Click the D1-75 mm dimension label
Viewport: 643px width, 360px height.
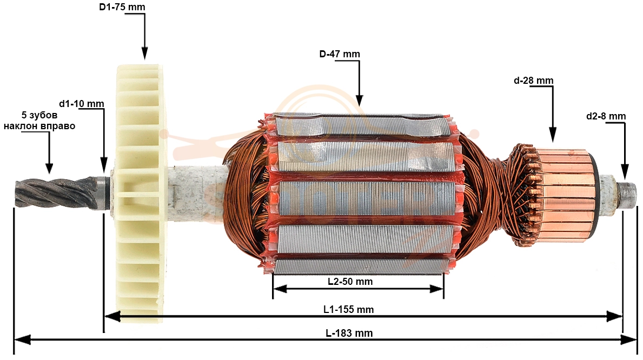tap(122, 7)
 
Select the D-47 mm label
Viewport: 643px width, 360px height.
tap(340, 54)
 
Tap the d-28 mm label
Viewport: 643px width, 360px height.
tap(534, 81)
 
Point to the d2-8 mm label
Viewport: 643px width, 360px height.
tap(606, 116)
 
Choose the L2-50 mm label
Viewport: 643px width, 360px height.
tap(350, 282)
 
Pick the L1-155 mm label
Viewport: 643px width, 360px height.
tap(349, 310)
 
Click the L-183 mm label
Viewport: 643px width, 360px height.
tap(349, 334)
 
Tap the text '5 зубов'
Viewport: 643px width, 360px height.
tap(39, 115)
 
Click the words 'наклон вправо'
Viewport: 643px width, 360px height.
tap(39, 126)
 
